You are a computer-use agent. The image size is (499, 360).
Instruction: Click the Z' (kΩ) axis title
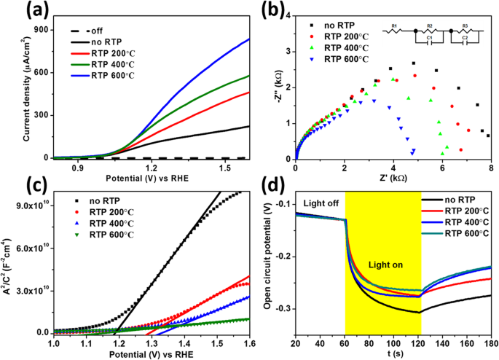coord(393,178)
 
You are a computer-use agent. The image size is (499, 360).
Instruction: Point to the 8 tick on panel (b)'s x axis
coord(491,167)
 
